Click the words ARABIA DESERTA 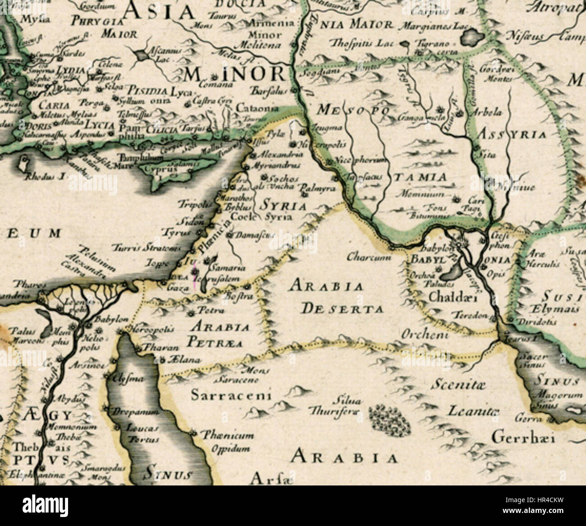tap(336, 297)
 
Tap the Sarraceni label tap(231, 396)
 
